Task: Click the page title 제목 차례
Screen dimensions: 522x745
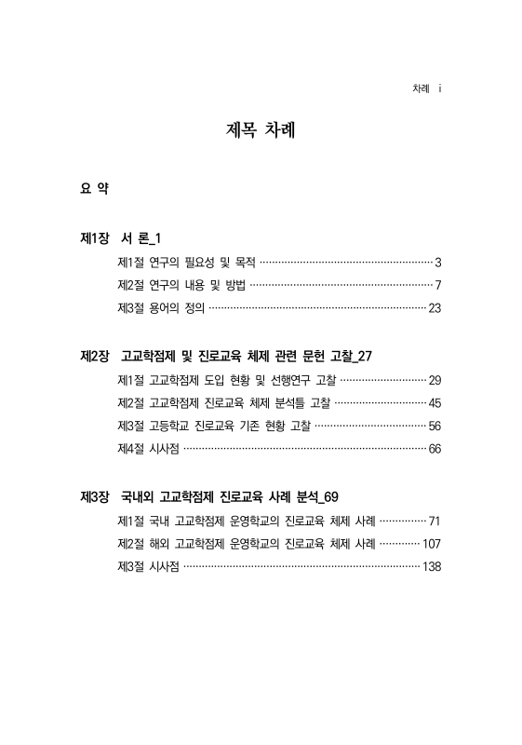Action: (261, 129)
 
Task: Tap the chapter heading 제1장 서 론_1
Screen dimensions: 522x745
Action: (123, 238)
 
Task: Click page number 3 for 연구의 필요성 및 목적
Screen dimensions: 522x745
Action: (437, 262)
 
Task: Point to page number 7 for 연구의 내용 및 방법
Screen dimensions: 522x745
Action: (437, 285)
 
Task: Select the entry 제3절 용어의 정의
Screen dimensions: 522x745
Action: (161, 308)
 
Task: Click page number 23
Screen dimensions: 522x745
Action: (435, 308)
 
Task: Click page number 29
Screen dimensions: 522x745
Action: (435, 379)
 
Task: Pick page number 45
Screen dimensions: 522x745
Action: (435, 402)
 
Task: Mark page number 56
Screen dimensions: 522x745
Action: (435, 426)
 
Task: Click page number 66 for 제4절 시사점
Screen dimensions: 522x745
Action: (435, 449)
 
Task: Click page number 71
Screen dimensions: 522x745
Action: (435, 519)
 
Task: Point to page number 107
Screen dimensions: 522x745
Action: (431, 542)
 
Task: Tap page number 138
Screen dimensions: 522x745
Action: (431, 566)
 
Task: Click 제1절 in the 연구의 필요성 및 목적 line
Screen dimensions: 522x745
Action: (131, 262)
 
